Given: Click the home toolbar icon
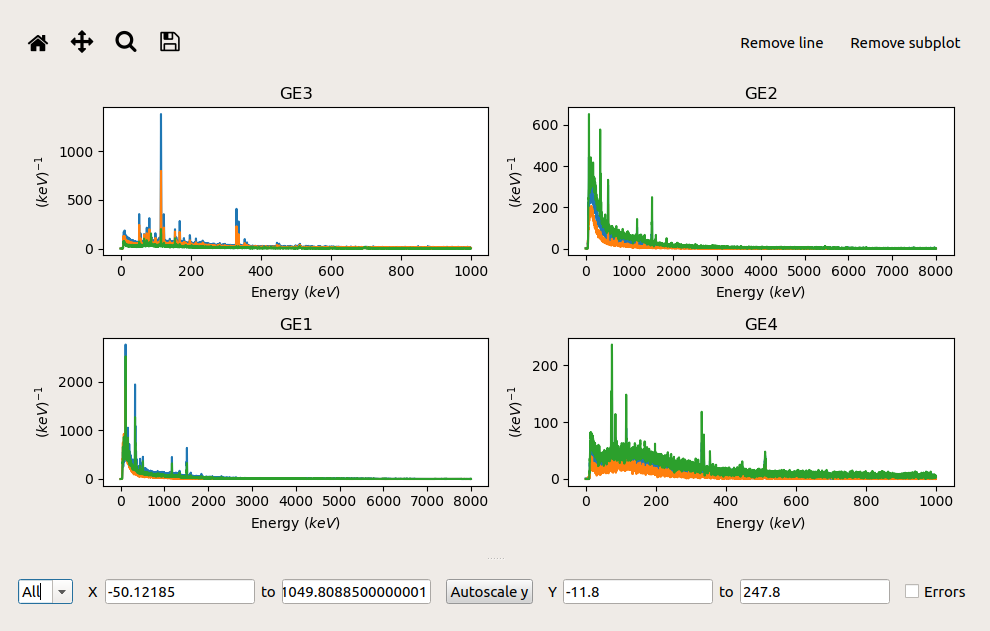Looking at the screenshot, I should click(38, 42).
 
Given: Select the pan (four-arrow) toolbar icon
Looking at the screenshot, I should click(82, 42).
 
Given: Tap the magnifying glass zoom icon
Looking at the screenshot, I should click(126, 42).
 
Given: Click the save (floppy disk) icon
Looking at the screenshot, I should click(170, 42).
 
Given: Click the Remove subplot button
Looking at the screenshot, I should click(905, 43).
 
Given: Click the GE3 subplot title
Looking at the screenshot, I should click(296, 94).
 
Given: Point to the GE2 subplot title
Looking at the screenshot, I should click(762, 94).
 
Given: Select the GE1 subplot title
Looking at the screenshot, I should click(296, 325).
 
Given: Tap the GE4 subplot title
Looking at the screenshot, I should click(762, 325).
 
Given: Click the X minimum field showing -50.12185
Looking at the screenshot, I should click(180, 592).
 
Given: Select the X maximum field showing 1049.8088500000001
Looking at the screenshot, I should click(356, 592).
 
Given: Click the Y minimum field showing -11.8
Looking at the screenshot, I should click(638, 592).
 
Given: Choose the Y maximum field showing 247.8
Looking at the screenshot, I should click(814, 592).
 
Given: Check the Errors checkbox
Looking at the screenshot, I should click(912, 592).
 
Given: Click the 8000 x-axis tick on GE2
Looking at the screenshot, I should click(935, 270).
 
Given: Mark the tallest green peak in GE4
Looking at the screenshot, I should click(612, 346).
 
